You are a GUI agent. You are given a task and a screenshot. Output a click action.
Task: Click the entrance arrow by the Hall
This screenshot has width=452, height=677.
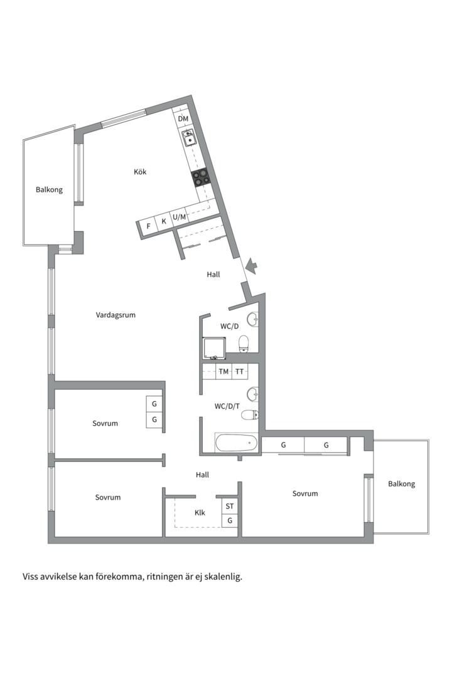coord(251,267)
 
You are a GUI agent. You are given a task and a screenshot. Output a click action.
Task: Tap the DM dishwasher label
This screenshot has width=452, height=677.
coord(183,118)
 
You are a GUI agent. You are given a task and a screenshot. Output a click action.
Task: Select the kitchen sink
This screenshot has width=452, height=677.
coord(189,137)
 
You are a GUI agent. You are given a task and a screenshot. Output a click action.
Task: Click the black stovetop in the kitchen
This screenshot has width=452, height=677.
coord(201,178)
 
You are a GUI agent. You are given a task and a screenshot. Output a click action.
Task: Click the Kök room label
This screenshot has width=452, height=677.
coord(140,172)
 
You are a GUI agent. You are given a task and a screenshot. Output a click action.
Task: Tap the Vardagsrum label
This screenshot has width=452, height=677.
coord(116,315)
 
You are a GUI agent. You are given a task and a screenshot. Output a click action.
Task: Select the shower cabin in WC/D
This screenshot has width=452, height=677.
coord(214,349)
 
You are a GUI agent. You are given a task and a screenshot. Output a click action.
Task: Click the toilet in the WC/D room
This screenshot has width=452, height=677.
coord(244,343)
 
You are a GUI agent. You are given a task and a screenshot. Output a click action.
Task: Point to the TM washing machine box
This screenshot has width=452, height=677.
coord(223,372)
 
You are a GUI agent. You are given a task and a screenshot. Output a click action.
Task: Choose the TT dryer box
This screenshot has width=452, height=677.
coord(239,372)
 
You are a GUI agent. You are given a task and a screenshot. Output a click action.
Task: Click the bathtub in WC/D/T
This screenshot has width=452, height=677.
coord(237,443)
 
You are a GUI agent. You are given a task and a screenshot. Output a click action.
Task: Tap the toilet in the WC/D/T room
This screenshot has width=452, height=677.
coord(250,414)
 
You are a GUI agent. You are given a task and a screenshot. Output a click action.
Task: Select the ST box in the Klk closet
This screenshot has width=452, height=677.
coord(230,506)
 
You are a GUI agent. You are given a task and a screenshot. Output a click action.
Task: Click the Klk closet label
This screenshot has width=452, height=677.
coord(200,513)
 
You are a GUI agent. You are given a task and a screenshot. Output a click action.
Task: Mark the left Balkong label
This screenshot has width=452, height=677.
coord(49,189)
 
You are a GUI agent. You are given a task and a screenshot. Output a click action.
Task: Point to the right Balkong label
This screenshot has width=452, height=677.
coord(401,484)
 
